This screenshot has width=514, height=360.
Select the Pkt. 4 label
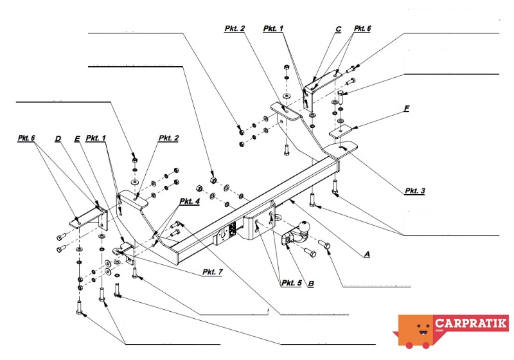coord(190,201)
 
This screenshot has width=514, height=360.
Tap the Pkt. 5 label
coord(291,283)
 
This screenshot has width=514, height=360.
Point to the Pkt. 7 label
coord(211,273)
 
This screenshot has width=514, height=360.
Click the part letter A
coord(367,255)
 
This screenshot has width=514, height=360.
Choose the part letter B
coord(310,283)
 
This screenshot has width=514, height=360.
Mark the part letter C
coord(338,29)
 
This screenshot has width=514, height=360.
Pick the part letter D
coord(58,138)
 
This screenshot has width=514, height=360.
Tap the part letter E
coord(76,138)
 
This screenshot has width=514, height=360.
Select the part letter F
coord(407,109)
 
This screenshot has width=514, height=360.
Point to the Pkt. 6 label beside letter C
coord(362,29)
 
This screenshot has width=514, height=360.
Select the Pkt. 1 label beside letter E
coord(96,138)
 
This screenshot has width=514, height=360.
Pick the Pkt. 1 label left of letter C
coord(274,29)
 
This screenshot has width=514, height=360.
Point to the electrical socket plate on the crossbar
coord(228,232)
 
